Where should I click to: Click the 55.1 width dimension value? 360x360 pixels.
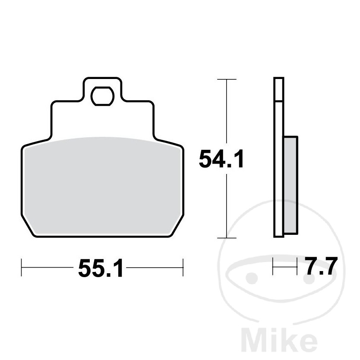click(101, 268)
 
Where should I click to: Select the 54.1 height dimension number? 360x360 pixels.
click(221, 159)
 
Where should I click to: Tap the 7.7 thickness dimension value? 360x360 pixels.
click(321, 266)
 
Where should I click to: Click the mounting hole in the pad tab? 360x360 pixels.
click(102, 96)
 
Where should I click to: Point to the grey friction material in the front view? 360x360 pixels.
click(102, 186)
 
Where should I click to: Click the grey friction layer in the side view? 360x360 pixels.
click(291, 185)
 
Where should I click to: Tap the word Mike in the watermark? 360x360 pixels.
click(280, 345)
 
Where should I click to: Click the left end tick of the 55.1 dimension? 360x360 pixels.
click(21, 268)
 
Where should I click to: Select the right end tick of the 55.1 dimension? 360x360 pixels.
click(183, 268)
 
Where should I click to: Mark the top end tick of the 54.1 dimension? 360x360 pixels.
click(227, 79)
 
